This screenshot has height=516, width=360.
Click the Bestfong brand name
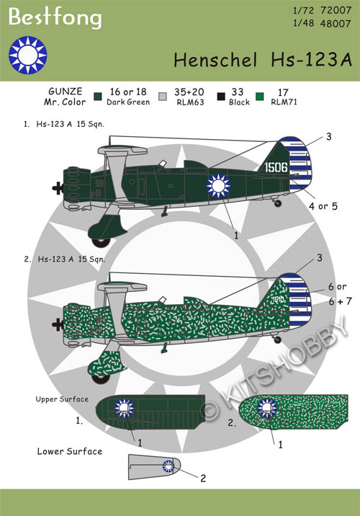55,17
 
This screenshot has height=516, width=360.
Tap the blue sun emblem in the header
28,55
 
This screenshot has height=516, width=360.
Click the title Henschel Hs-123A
263,60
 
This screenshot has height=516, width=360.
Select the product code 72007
336,11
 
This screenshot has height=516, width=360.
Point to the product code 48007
336,24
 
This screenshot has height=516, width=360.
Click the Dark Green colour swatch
98,97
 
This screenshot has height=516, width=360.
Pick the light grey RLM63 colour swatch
163,97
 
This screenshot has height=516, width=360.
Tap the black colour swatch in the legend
221,97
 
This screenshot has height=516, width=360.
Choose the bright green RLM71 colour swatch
260,97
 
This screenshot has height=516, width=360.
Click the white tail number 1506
276,167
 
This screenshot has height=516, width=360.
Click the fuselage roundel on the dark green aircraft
218,186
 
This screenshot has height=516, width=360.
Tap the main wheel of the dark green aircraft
101,242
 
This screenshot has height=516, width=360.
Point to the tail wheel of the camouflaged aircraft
278,339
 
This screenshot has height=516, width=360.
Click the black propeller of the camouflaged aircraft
58,324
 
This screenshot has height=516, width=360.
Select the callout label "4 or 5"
323,206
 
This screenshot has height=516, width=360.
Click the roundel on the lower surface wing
168,466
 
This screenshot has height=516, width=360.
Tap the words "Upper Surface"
62,399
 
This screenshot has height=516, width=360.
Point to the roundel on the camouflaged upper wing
267,408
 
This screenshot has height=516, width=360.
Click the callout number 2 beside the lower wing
203,478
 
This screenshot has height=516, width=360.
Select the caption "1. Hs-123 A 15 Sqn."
64,124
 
